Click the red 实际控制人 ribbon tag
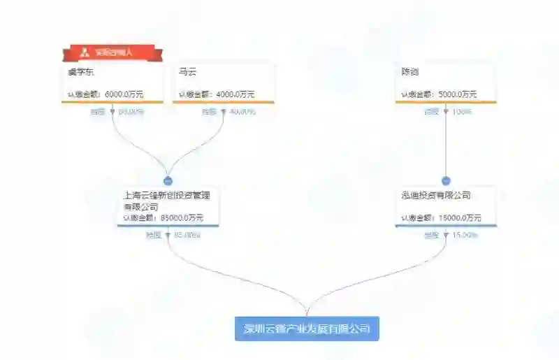112,52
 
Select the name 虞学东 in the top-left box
79,72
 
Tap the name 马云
187,72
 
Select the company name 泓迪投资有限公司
431,196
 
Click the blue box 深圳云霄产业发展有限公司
307,328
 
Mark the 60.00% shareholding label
130,112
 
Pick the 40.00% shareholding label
242,112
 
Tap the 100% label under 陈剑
462,112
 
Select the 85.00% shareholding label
187,236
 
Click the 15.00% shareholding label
465,236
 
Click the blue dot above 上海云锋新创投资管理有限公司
168,180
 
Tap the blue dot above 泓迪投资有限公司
446,180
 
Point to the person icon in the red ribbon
85,52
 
